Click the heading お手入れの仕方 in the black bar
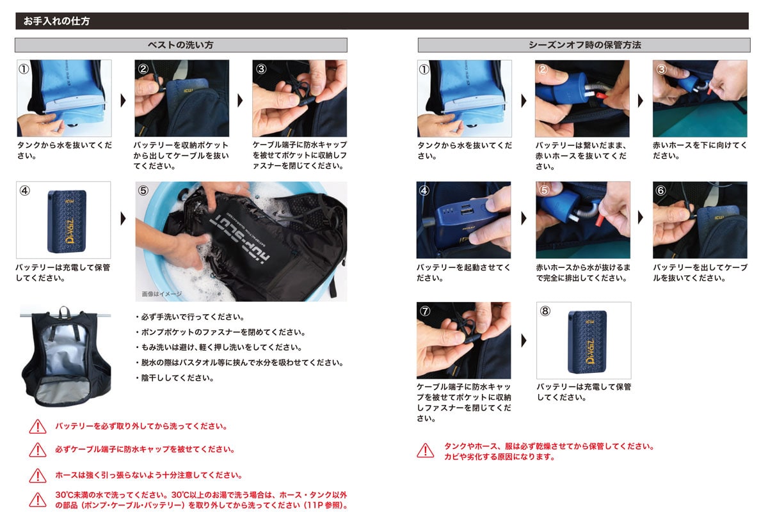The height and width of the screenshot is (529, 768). coord(56,21)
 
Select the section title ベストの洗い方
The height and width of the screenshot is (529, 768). coord(180,45)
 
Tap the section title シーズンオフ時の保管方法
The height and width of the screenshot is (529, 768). coord(584,45)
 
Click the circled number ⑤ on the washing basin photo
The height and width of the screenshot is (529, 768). coord(143,190)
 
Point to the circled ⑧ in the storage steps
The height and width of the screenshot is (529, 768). coord(545,311)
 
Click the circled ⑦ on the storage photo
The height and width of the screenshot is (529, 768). coord(425,311)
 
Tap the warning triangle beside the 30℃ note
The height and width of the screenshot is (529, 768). coord(38,500)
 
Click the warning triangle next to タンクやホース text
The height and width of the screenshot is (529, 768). coord(426,450)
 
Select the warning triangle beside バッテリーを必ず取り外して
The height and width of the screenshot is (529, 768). coord(38,427)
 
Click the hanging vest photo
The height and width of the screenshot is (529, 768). coord(66,356)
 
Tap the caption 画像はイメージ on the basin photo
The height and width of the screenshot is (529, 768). coord(162,294)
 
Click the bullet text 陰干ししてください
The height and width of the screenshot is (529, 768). coord(175,378)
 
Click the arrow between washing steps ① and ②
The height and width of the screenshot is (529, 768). coord(123,100)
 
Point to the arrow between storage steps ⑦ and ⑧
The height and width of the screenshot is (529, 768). coord(524,340)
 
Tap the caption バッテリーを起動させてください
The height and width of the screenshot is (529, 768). coord(463,272)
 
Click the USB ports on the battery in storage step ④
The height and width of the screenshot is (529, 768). coord(467,209)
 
